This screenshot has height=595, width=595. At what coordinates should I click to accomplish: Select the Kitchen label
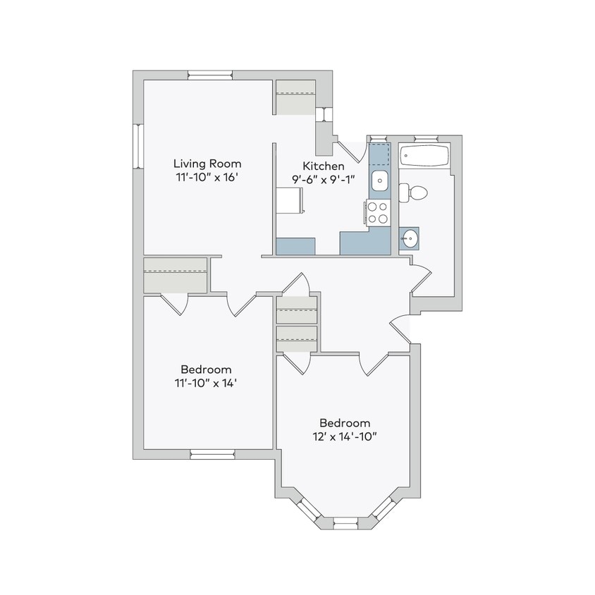pos(324,166)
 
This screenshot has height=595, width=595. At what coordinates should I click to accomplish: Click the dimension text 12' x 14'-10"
pos(345,436)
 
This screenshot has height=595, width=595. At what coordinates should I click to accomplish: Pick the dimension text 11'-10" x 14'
pos(205,383)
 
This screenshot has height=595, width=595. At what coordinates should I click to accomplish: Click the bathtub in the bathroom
pos(424,156)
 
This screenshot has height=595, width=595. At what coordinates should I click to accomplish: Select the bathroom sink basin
pos(409,239)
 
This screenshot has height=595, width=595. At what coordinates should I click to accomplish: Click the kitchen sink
pos(379,180)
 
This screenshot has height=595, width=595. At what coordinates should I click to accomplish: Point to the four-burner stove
pos(378,212)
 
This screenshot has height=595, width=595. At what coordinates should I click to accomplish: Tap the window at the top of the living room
pos(210,75)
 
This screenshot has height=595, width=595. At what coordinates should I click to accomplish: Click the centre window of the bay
pos(345,522)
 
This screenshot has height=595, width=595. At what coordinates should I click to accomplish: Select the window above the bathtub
pos(424,138)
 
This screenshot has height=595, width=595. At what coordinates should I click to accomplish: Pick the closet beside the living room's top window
pos(295,97)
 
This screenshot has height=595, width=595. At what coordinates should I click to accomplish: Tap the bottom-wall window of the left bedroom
pos(209,453)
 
